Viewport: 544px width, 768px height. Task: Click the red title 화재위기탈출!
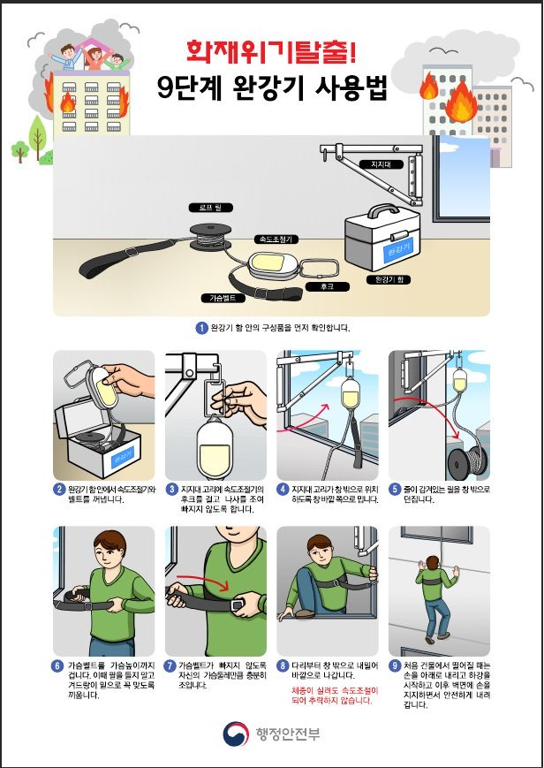point(271,51)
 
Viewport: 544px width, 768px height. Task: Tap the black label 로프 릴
point(210,208)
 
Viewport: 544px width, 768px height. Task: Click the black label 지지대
point(381,164)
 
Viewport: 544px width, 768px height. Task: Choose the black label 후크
point(327,286)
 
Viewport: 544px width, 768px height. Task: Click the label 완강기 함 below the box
point(389,280)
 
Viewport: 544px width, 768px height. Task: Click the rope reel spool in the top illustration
point(210,237)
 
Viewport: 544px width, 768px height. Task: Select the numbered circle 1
point(201,328)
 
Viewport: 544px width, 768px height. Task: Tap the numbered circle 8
point(283,666)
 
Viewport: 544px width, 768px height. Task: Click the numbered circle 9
point(395,666)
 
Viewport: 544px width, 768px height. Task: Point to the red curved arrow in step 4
point(304,416)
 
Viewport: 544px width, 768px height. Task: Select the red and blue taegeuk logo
point(236,734)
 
